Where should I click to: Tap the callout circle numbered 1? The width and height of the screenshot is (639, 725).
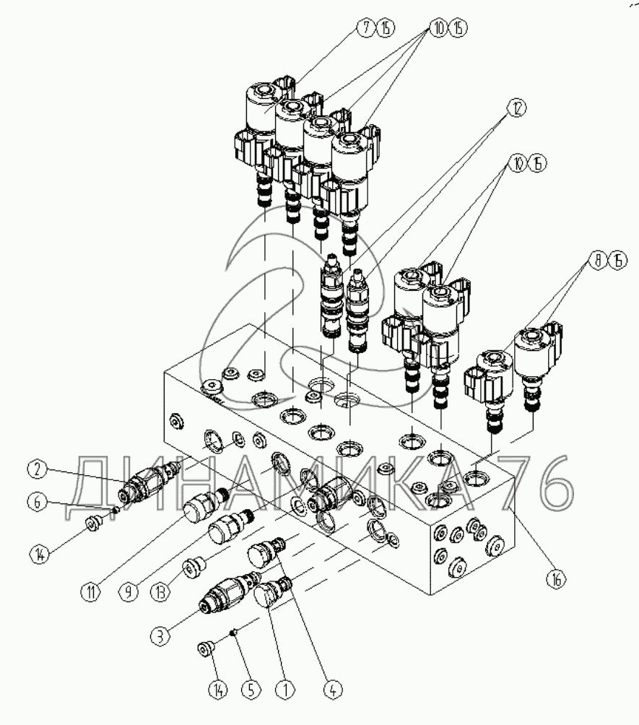click(287, 690)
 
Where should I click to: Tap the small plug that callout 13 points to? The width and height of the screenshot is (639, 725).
click(193, 568)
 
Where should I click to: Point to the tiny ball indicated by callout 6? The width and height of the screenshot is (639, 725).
click(114, 509)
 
